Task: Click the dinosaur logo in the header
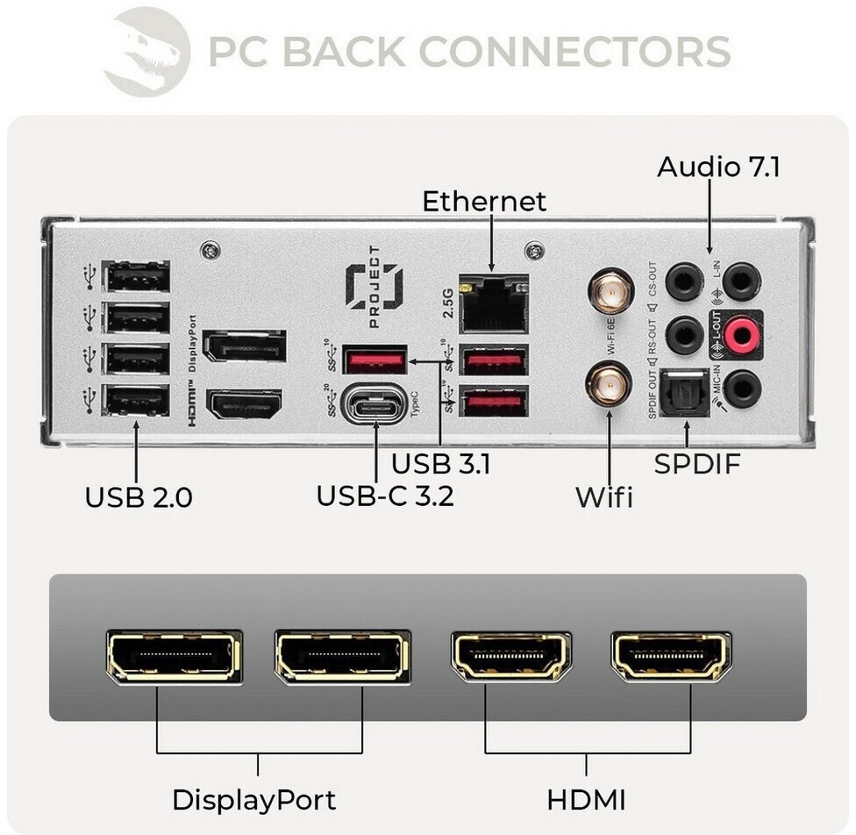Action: point(146,50)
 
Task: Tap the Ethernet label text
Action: point(484,201)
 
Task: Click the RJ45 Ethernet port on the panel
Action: point(495,303)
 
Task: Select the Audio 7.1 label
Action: point(717,167)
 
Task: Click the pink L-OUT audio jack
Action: point(742,333)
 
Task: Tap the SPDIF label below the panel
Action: point(697,464)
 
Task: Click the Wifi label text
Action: point(603,497)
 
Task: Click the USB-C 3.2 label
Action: point(385,496)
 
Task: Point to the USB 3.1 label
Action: point(440,463)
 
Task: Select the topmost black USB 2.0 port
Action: point(137,278)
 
